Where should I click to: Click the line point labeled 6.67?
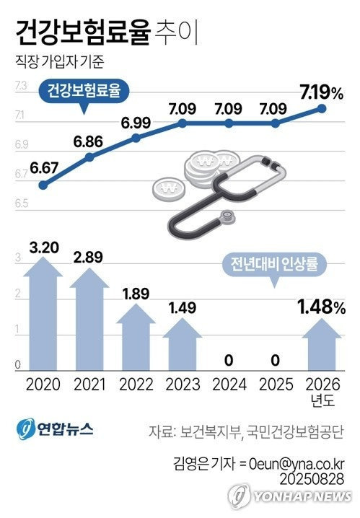point(43,185)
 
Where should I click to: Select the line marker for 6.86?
point(89,157)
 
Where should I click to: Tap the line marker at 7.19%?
point(322,110)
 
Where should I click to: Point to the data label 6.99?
point(136,123)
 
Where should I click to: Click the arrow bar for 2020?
point(43,317)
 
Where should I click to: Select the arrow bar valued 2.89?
point(89,321)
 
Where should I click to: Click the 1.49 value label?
point(183,309)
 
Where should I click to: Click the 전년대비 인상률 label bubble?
point(273,264)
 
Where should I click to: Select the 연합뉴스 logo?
point(54,429)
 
